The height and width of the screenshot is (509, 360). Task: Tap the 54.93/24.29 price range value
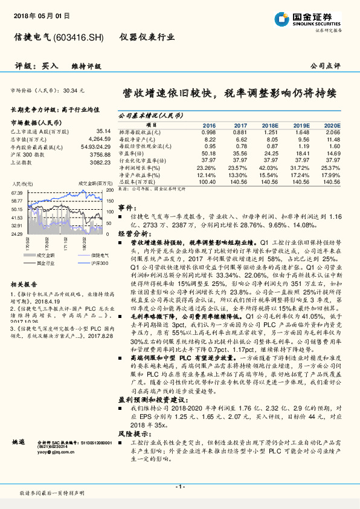(92, 147)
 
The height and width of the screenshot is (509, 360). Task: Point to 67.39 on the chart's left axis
(18, 192)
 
